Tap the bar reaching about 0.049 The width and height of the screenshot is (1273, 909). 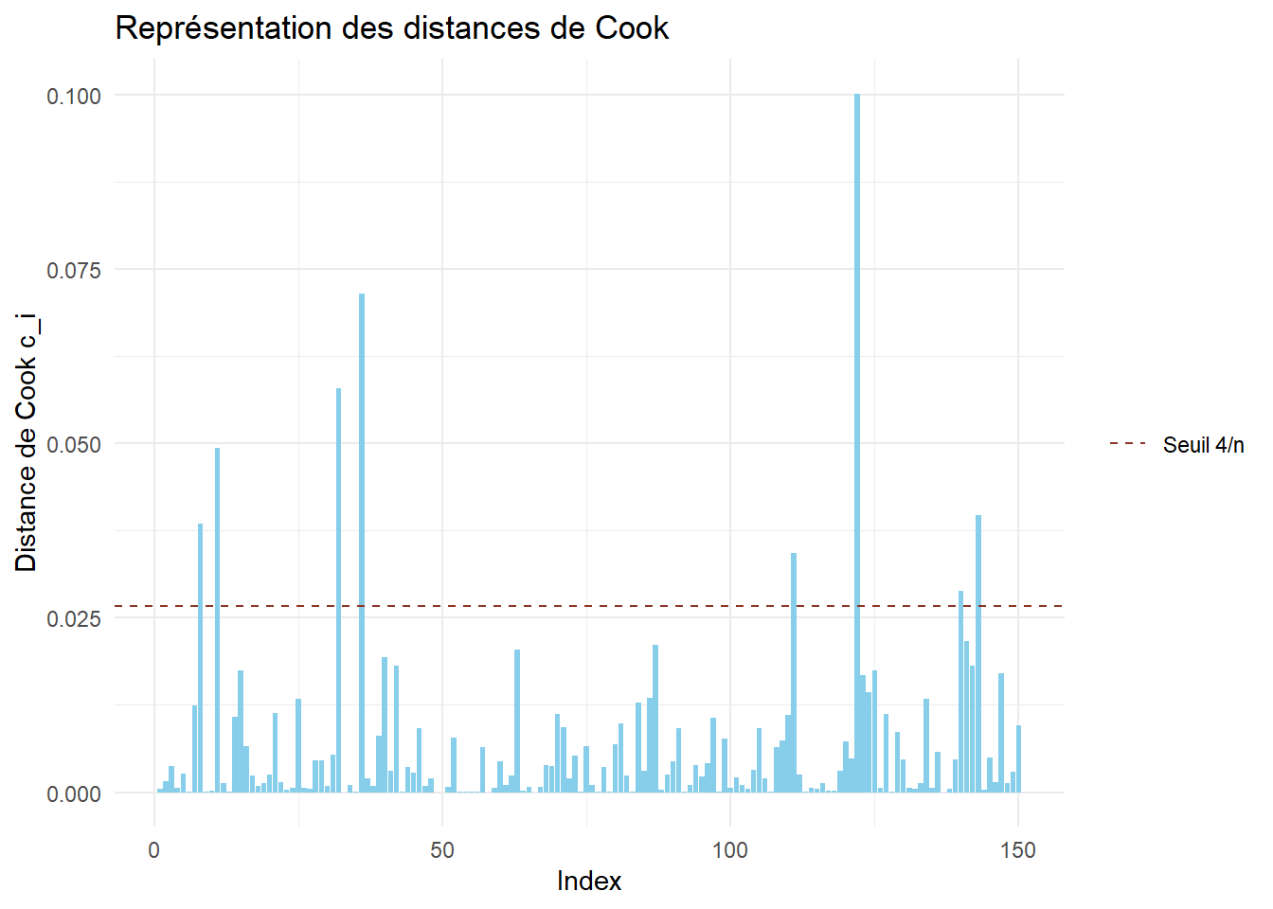tap(218, 620)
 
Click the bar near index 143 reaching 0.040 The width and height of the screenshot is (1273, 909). tap(978, 653)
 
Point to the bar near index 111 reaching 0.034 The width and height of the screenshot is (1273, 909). tap(794, 672)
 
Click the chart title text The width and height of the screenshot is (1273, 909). tap(391, 28)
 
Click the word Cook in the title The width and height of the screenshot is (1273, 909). tap(632, 28)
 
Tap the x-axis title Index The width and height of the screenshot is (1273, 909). tap(588, 881)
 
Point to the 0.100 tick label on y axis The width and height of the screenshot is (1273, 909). tap(74, 96)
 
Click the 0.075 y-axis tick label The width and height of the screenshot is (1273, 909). tap(74, 270)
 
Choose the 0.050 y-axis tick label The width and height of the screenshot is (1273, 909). tap(74, 444)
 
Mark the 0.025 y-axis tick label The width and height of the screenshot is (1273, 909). tap(74, 618)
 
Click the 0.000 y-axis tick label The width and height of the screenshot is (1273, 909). tap(74, 793)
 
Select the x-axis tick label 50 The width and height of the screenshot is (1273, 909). tap(442, 850)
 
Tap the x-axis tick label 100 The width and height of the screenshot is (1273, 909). tap(729, 850)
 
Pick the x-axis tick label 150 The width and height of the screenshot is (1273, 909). tap(1017, 850)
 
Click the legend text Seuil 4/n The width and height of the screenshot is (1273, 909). tap(1203, 444)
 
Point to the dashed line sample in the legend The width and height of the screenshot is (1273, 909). tap(1127, 443)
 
